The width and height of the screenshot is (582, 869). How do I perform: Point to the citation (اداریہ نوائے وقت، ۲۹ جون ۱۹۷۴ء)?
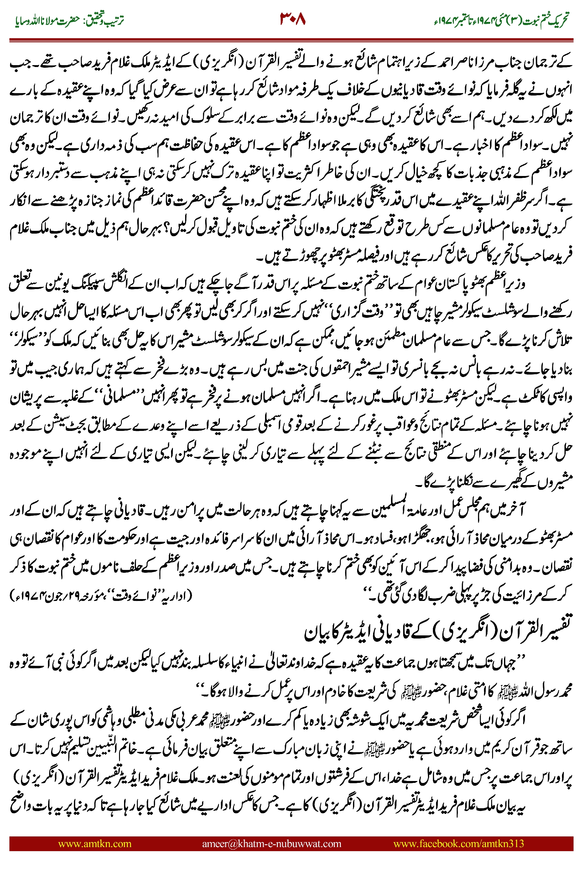click(x=101, y=596)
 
